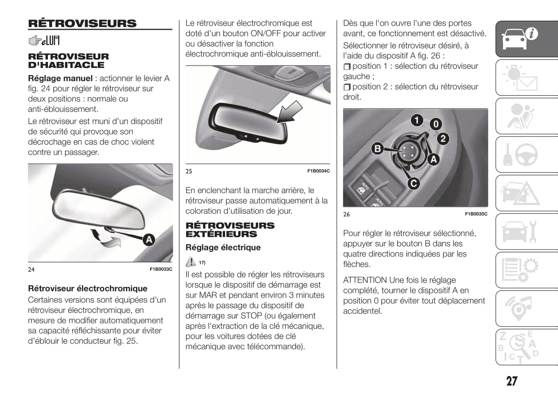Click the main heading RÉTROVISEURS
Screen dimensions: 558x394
[x=82, y=24]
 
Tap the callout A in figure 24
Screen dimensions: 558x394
[x=149, y=240]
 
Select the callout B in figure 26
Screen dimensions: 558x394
[x=377, y=148]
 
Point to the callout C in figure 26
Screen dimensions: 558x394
[x=414, y=184]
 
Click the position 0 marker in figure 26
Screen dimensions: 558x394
[x=436, y=124]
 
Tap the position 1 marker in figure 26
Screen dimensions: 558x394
[x=417, y=120]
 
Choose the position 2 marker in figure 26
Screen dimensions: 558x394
[x=443, y=139]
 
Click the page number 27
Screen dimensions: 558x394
[x=512, y=381]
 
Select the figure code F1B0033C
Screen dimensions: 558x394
[x=161, y=269]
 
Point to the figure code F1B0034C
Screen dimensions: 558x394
[x=318, y=171]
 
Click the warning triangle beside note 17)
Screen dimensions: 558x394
[x=191, y=262]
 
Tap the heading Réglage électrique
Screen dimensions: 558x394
[x=223, y=247]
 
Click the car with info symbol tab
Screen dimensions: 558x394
[x=526, y=39]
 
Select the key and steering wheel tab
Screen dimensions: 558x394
[x=526, y=155]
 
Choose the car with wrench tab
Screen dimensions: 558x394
[x=526, y=232]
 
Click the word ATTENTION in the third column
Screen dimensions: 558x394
[x=365, y=280]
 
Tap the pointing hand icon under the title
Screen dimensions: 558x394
[x=35, y=40]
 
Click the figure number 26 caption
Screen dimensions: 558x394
[x=346, y=214]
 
